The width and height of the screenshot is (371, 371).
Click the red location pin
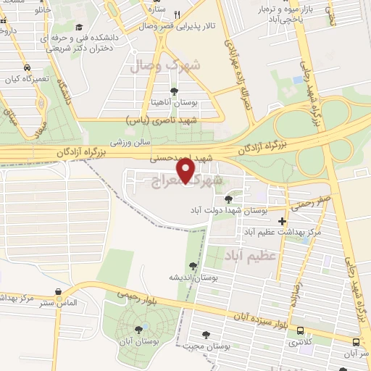186,170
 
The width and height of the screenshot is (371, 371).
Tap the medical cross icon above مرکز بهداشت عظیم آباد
282,221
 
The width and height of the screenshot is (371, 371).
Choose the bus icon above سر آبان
354,341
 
